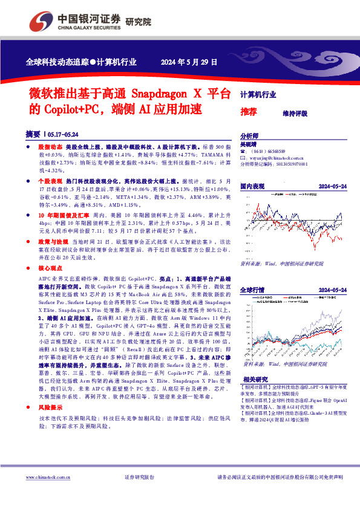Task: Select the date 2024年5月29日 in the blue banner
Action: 189,62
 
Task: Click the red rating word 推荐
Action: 248,112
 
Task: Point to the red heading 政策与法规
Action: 52,241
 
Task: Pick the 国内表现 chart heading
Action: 252,186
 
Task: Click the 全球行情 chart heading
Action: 252,291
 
